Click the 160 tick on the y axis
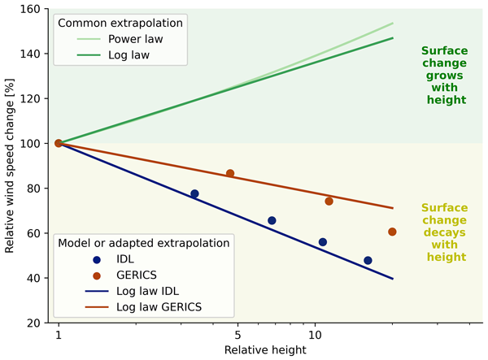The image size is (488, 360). click(x=33, y=9)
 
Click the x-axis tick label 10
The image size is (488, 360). click(x=315, y=336)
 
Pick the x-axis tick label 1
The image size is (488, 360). click(x=59, y=336)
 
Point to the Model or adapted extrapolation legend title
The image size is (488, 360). click(x=142, y=243)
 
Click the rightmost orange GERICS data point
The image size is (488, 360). click(x=392, y=232)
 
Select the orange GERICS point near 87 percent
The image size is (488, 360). click(x=230, y=173)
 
